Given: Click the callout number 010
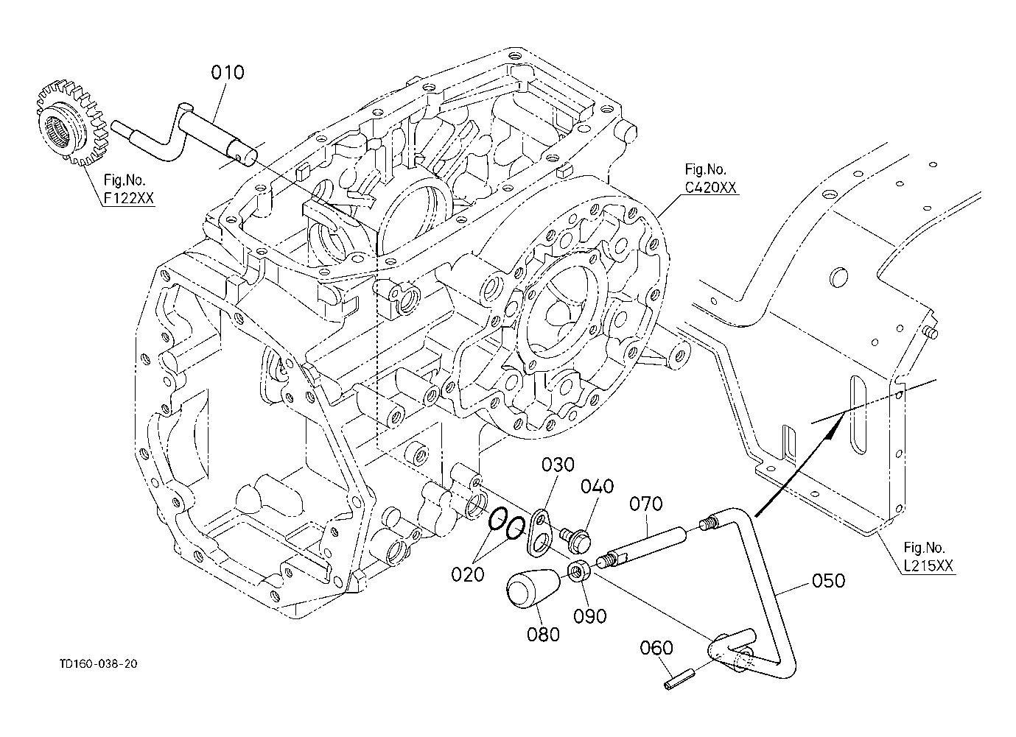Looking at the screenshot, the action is click(228, 72).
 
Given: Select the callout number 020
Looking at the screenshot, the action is click(468, 575).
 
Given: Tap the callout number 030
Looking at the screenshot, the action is click(558, 465).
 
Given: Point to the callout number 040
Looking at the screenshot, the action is click(598, 487).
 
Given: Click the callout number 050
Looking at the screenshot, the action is click(828, 581).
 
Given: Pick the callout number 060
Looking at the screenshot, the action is click(656, 648).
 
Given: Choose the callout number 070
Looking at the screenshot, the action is click(645, 504).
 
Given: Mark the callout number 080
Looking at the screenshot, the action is click(543, 635).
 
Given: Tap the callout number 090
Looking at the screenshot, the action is click(589, 616).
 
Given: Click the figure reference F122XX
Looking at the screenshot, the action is click(129, 198).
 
